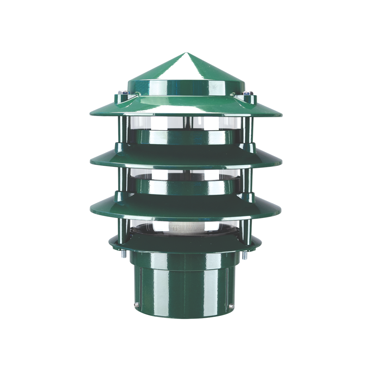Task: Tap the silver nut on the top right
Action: [x=247, y=94]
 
